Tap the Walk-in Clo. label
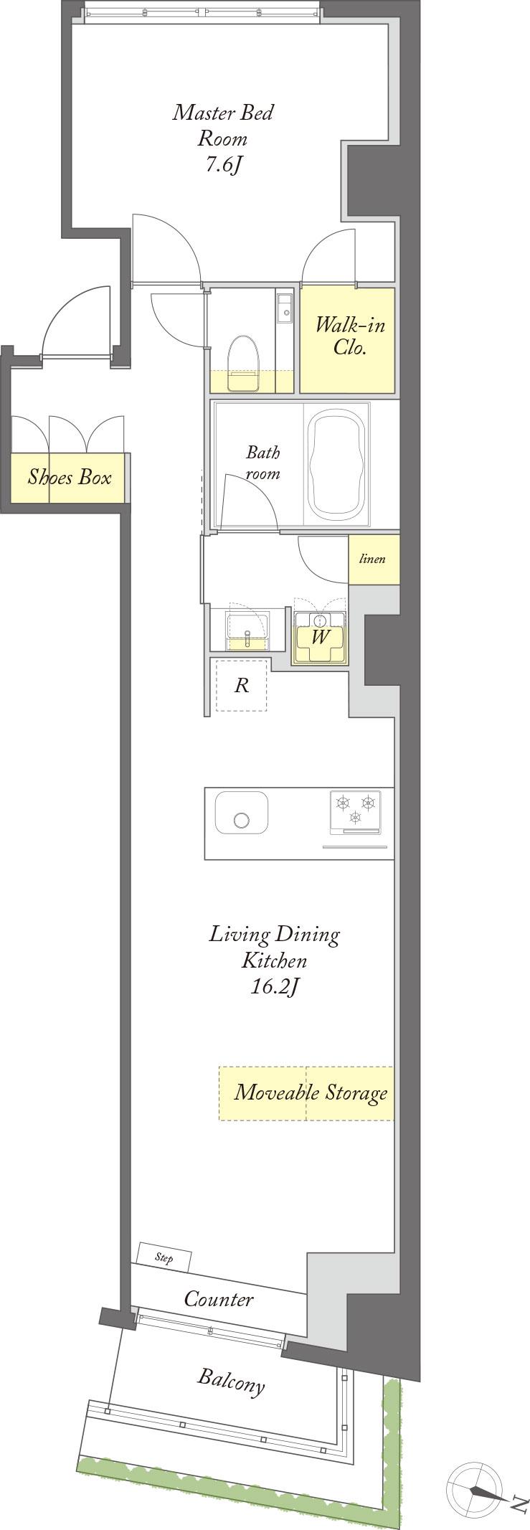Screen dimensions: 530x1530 point(350,336)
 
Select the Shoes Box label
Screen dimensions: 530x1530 point(70,476)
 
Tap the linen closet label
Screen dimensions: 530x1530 point(372,559)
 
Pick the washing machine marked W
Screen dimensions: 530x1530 point(319,636)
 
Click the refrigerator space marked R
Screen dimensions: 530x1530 point(242,685)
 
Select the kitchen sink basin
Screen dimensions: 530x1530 point(242,813)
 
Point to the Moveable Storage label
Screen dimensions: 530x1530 point(311,1092)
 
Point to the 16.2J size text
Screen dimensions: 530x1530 point(274,988)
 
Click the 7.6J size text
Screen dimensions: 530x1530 point(224,165)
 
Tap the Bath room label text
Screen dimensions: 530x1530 point(263,463)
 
